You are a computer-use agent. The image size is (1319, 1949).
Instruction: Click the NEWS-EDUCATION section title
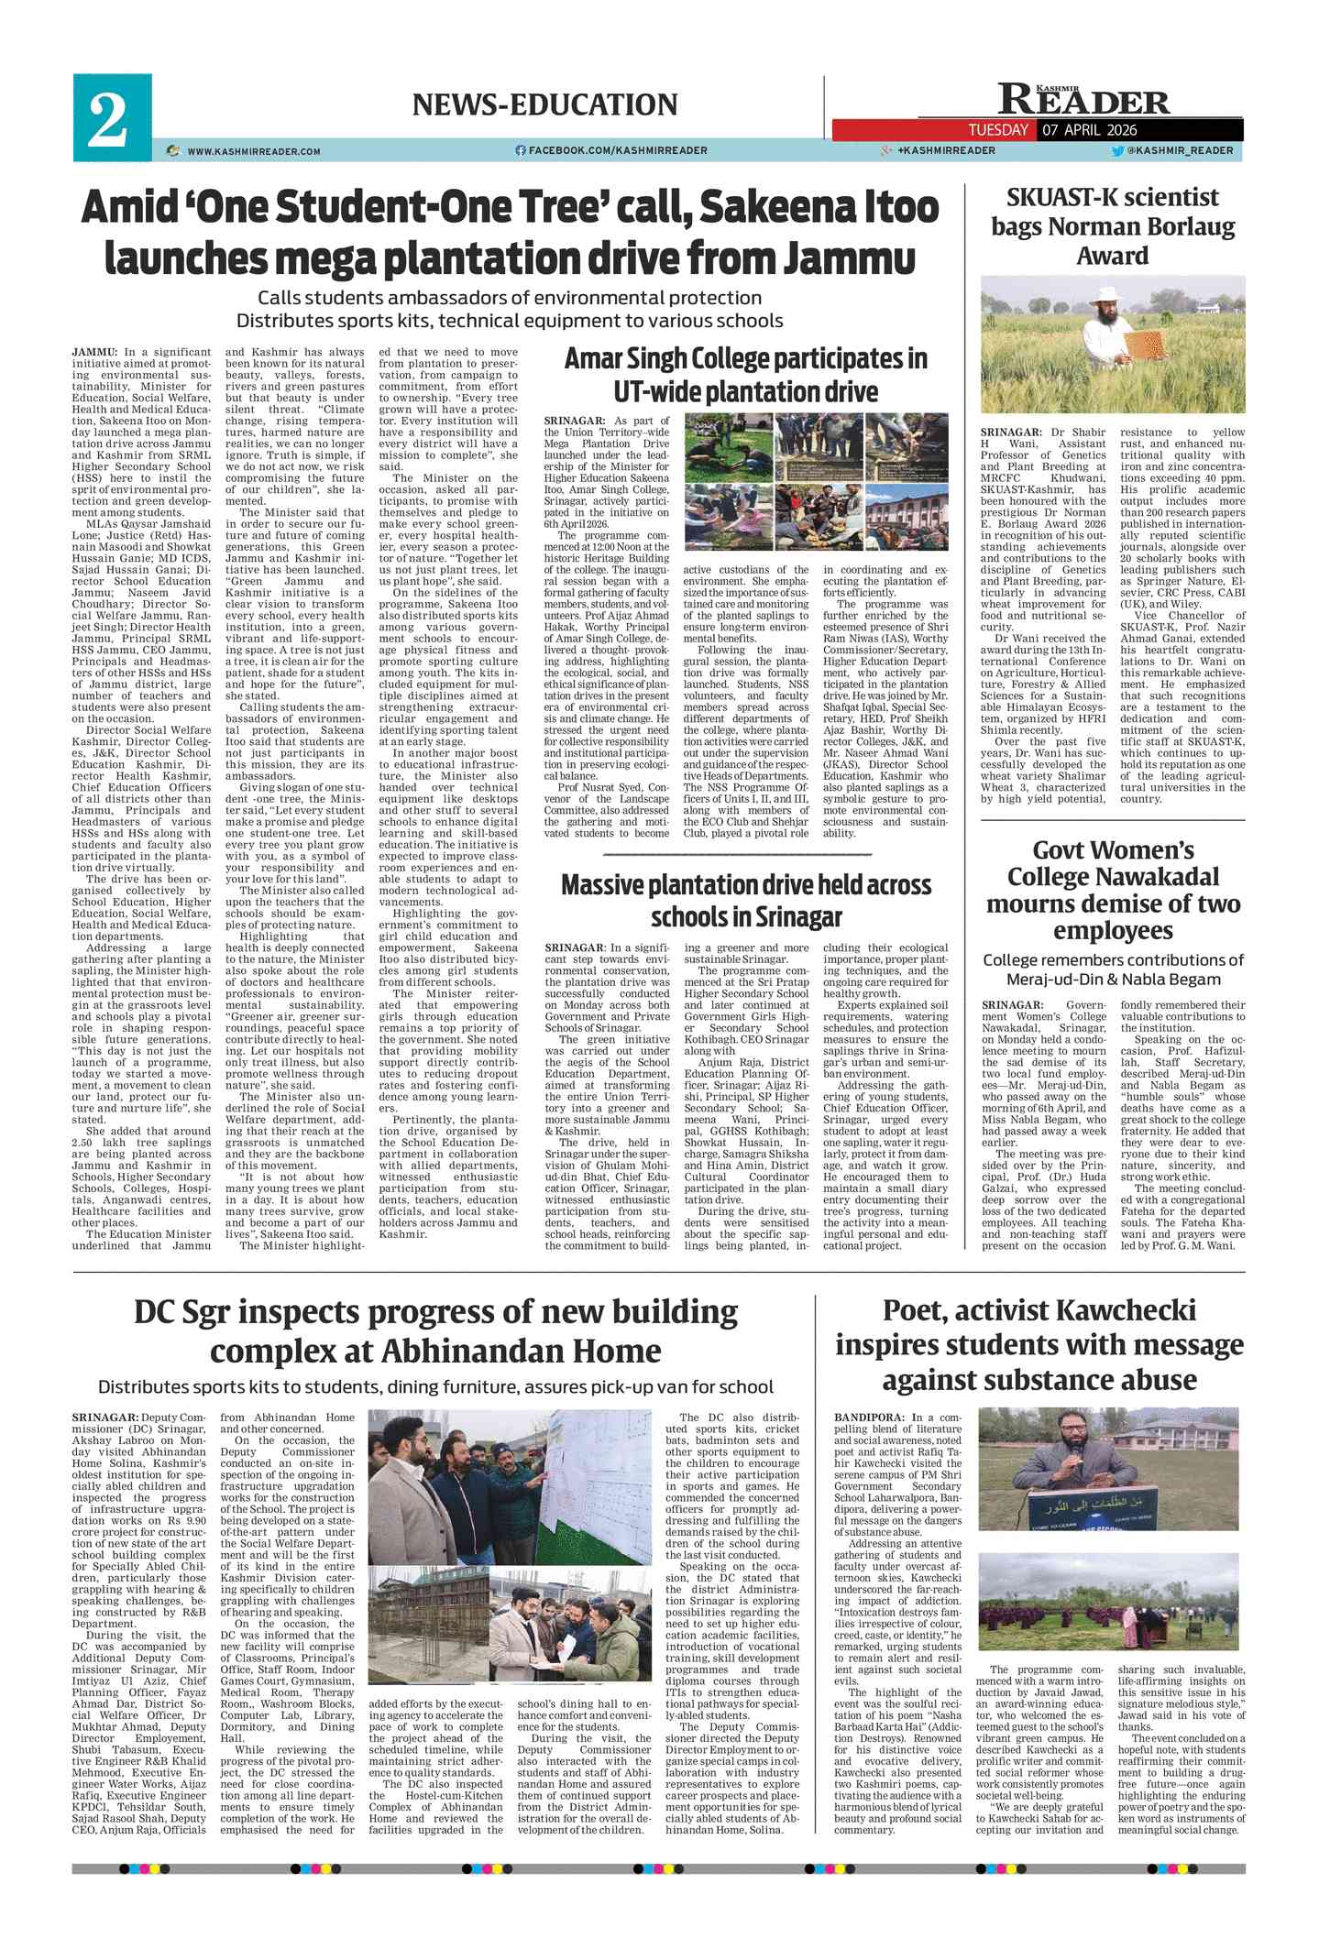544,104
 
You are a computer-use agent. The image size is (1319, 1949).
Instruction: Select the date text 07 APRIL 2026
1090,130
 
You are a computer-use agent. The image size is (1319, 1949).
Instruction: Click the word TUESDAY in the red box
998,130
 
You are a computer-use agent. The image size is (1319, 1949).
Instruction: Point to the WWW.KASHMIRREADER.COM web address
253,151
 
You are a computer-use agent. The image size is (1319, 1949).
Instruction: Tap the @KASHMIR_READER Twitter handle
1179,150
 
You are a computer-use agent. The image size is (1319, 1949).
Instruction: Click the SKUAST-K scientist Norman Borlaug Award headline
1112,226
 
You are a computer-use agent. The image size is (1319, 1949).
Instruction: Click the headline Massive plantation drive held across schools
745,900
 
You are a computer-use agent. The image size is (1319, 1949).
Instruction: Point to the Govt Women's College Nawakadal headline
1113,890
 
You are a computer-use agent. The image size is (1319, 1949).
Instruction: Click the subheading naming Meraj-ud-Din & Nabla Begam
1113,969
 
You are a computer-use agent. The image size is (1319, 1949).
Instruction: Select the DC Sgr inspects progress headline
435,1331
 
